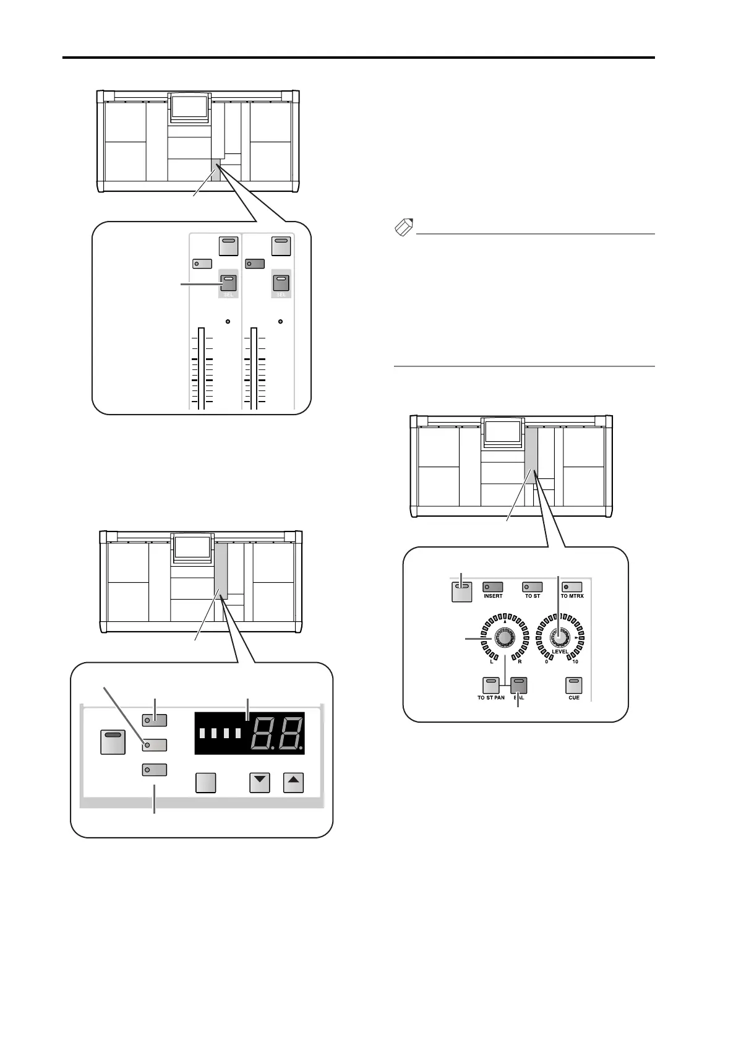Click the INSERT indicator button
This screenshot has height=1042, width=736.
[x=493, y=587]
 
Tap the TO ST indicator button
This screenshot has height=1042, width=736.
[x=533, y=587]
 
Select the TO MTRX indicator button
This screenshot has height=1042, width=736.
[x=572, y=587]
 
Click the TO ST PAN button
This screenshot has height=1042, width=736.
[x=491, y=686]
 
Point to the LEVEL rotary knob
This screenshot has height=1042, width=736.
[x=560, y=637]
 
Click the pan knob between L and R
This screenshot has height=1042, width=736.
[x=503, y=637]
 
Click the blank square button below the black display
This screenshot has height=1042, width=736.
[x=205, y=783]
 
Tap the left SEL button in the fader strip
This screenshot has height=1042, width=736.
[x=228, y=283]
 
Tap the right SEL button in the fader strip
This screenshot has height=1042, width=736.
[x=281, y=283]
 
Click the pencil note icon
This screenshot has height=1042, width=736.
[x=403, y=228]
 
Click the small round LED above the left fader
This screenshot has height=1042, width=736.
[x=228, y=322]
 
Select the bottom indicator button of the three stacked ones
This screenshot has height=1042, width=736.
[x=155, y=770]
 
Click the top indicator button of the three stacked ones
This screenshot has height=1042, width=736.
[x=155, y=720]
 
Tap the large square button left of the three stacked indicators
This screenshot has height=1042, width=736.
[x=113, y=742]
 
